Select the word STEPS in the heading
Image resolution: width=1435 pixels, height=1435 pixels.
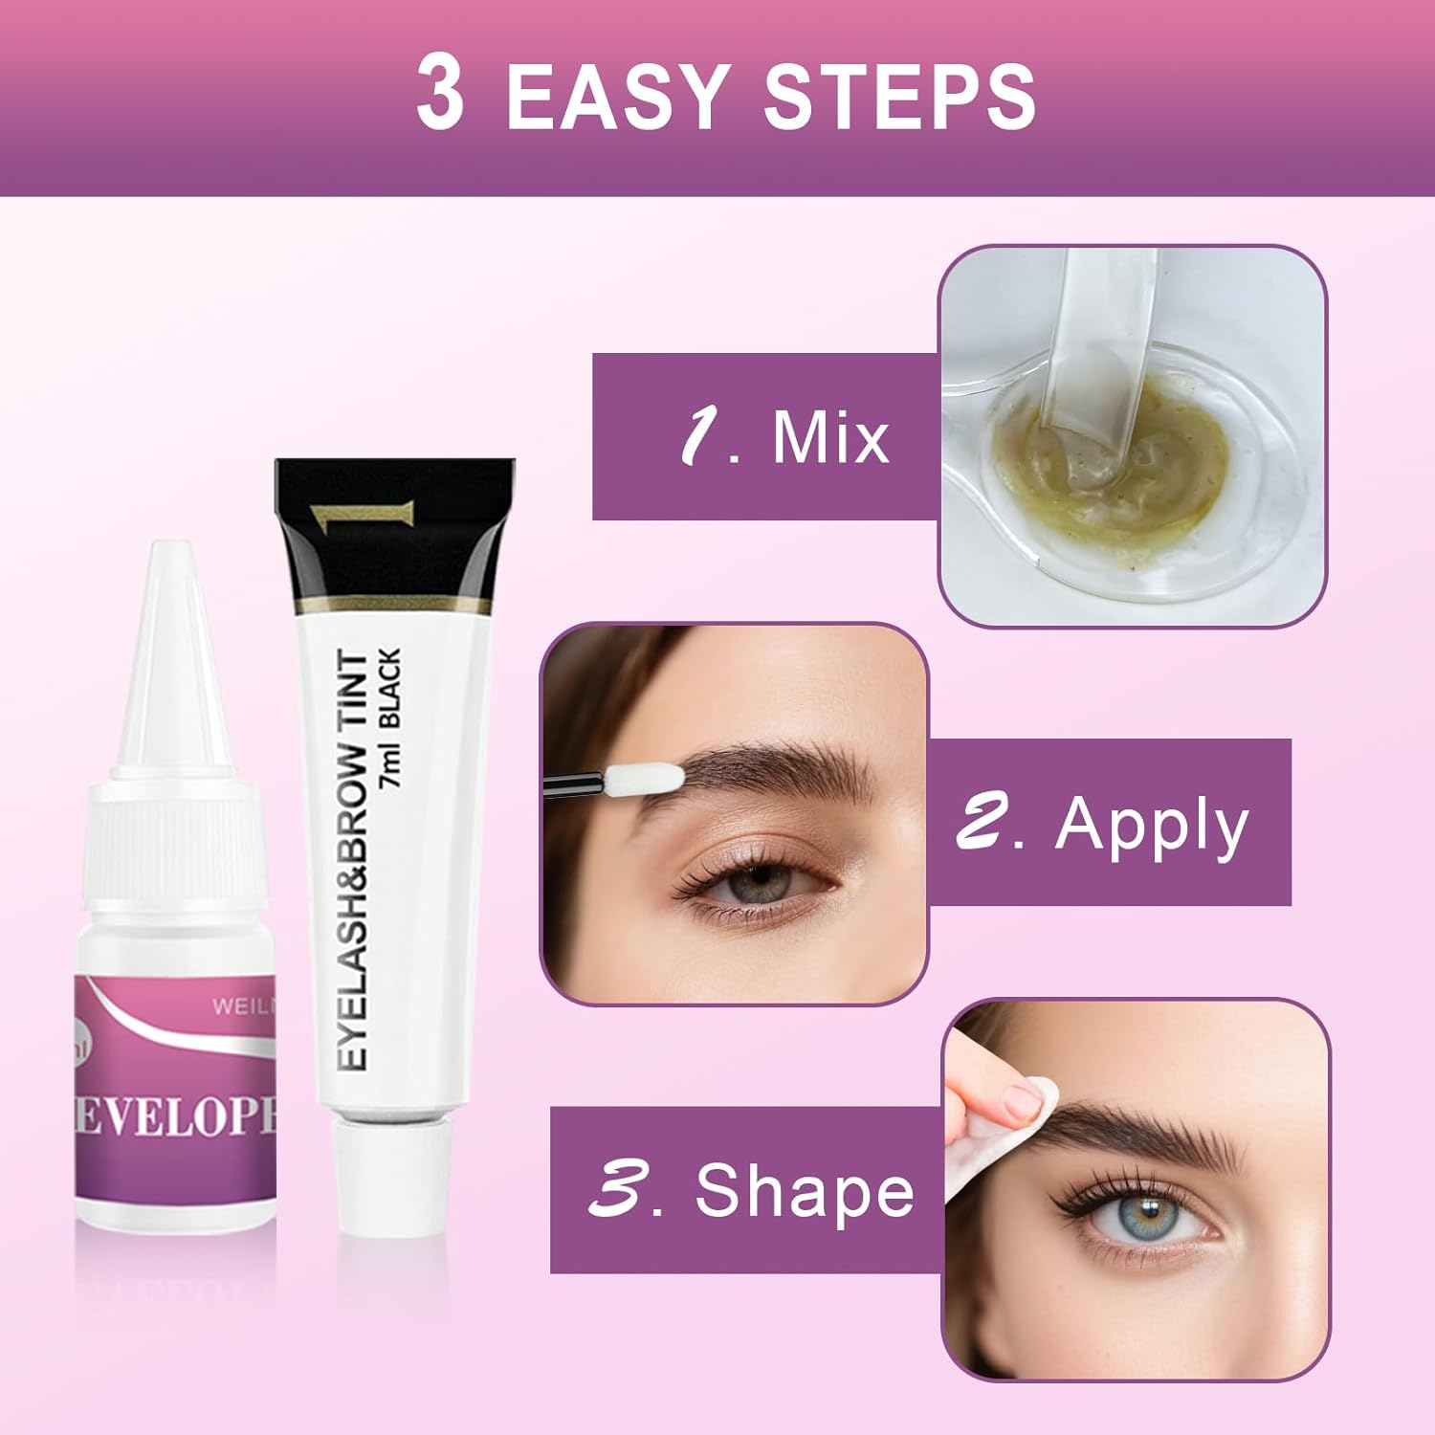pyautogui.click(x=899, y=97)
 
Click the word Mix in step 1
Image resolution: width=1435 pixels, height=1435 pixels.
pyautogui.click(x=829, y=437)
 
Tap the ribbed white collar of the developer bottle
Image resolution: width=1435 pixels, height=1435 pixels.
pyautogui.click(x=174, y=818)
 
